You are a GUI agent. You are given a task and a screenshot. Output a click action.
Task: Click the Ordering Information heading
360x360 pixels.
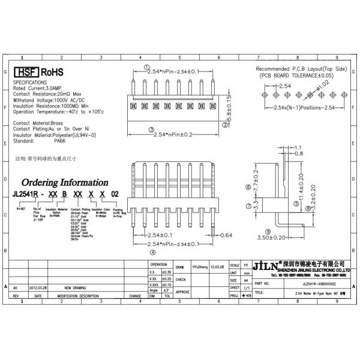click(65, 182)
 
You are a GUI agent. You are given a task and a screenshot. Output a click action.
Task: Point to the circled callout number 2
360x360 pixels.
click(225, 125)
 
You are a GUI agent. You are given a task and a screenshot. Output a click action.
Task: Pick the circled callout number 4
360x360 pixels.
click(152, 253)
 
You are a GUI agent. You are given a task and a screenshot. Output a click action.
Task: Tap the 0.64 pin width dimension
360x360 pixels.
click(226, 235)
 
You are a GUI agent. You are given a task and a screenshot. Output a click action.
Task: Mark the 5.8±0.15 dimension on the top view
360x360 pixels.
click(229, 104)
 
